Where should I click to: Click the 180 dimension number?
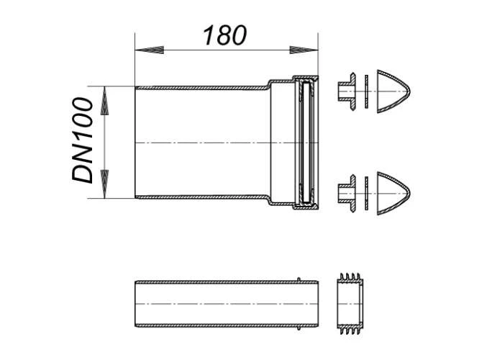224,35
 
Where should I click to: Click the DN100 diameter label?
83,140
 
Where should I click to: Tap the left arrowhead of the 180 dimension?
150,50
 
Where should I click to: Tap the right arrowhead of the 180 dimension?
304,50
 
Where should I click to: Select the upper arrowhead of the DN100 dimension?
105,101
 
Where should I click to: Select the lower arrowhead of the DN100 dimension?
105,184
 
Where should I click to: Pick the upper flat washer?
366,91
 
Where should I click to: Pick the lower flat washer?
366,193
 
